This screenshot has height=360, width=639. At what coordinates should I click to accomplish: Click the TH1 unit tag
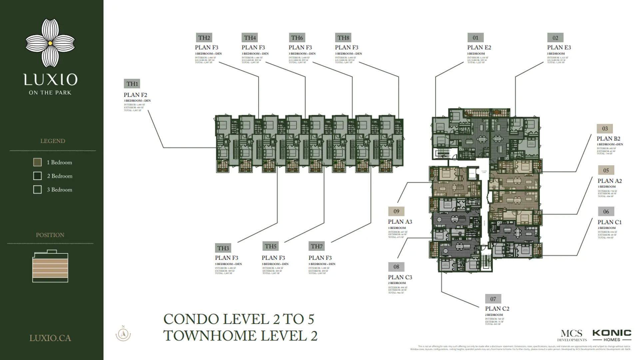click(132, 84)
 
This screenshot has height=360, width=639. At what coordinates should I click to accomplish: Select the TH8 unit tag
click(343, 38)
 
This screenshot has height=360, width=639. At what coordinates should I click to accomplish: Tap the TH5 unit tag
click(270, 246)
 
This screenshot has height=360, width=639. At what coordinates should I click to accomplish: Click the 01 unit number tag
click(475, 38)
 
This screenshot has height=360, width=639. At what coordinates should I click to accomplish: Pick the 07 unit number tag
click(493, 299)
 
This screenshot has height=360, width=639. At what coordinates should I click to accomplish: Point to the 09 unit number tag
click(396, 211)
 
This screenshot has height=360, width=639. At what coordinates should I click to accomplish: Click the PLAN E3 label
click(559, 47)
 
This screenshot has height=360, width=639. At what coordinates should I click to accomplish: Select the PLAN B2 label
click(608, 139)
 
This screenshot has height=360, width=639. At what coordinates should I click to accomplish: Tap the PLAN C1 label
click(609, 222)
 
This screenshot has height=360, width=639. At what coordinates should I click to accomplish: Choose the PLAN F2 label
click(135, 95)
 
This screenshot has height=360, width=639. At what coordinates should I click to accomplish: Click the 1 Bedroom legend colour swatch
click(37, 162)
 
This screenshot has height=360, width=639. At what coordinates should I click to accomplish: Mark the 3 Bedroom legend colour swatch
click(37, 190)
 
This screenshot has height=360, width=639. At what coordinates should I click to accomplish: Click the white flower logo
click(50, 43)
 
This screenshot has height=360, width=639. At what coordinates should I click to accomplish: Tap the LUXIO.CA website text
click(50, 338)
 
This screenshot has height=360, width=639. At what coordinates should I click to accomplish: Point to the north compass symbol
click(123, 334)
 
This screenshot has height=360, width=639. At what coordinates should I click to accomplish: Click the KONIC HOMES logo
click(612, 335)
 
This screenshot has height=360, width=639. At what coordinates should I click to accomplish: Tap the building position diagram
click(50, 266)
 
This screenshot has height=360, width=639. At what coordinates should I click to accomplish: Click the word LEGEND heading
click(53, 141)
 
